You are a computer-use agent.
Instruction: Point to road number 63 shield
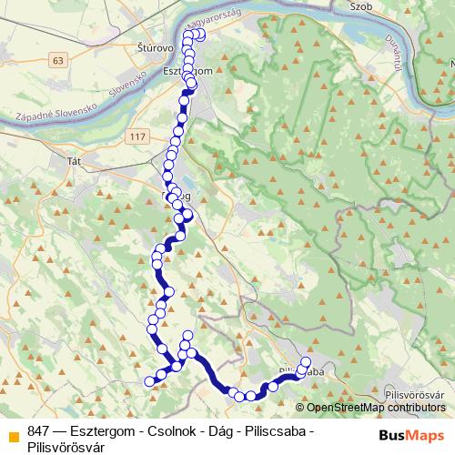coord(59,60)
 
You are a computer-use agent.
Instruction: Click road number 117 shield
coord(137,136)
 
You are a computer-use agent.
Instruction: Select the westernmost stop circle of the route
coord(150,380)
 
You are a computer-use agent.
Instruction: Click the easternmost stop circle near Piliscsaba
coord(306,362)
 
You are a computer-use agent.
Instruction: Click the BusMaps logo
coord(412,435)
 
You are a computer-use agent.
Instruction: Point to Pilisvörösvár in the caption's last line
coord(66,446)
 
